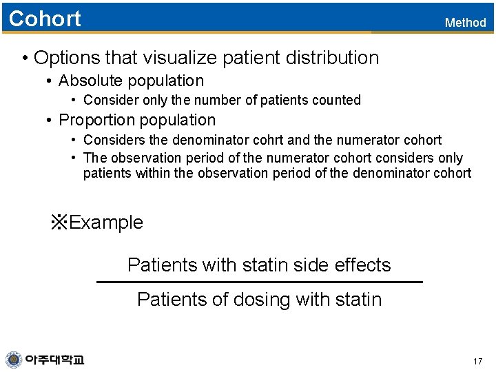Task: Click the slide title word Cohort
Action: click(x=45, y=19)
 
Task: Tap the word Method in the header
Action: click(x=465, y=23)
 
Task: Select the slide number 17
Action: click(x=478, y=362)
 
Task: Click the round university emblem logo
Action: click(x=14, y=360)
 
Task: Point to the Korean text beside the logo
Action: click(x=54, y=360)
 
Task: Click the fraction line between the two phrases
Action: click(x=259, y=282)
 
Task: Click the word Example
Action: click(x=106, y=223)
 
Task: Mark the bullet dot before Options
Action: click(x=25, y=58)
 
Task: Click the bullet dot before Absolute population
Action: click(x=50, y=81)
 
